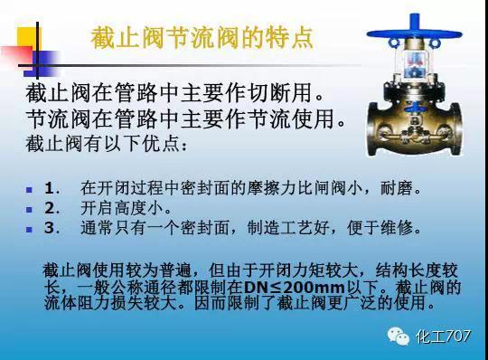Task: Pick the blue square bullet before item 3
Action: tap(29, 229)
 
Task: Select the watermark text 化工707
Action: tap(443, 336)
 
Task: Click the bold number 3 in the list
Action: tap(50, 228)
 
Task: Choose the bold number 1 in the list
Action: tap(50, 190)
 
